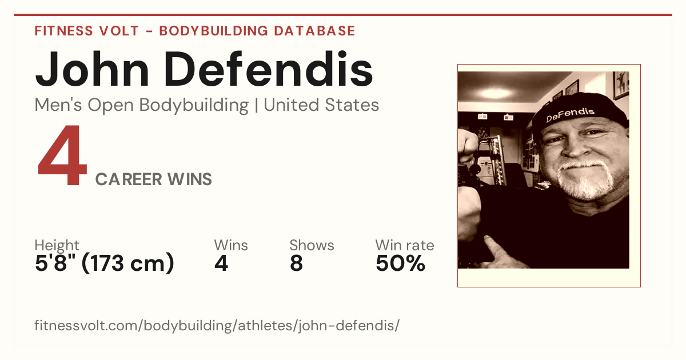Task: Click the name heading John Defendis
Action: [204, 69]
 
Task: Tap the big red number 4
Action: [62, 155]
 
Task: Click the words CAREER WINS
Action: [153, 179]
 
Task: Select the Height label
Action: [57, 245]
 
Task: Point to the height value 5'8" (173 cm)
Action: [105, 263]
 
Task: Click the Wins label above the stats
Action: [231, 245]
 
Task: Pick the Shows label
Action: [312, 245]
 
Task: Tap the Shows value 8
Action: [296, 263]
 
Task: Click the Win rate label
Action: [405, 245]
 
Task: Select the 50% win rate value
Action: [400, 263]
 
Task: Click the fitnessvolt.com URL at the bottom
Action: [217, 325]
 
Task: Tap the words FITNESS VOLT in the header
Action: [87, 31]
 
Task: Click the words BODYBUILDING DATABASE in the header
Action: [257, 31]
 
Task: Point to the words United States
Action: [321, 105]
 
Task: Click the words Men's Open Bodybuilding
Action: [142, 106]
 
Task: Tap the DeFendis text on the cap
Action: [570, 114]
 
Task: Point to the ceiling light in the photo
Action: [495, 93]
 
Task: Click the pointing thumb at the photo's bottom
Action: [499, 254]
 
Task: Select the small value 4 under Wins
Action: [221, 263]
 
